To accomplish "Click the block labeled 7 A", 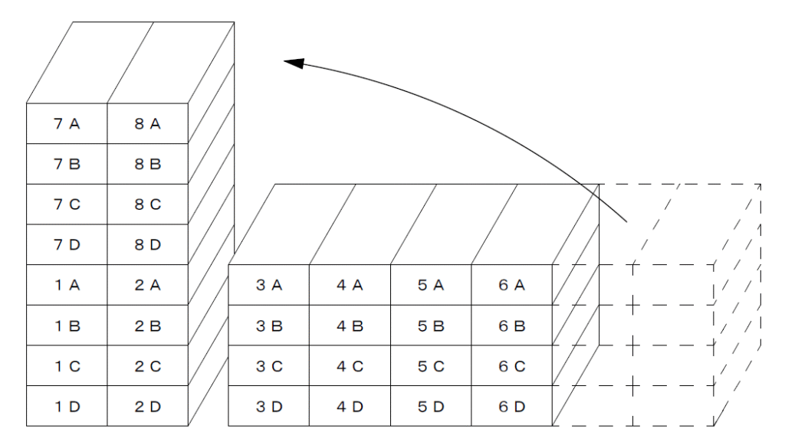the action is (x=67, y=123).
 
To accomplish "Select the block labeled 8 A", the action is (x=148, y=123).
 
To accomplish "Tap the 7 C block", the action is (x=67, y=204).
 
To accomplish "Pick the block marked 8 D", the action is (x=148, y=244).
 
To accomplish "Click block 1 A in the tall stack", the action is (x=67, y=285).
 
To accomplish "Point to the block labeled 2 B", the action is (x=148, y=325).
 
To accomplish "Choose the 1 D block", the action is (x=67, y=406).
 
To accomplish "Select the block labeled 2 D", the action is (x=148, y=406).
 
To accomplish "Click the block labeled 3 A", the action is (x=269, y=285).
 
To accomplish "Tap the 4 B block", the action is (x=350, y=325).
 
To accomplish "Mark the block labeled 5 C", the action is (x=431, y=365).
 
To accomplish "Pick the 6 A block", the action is (x=511, y=285).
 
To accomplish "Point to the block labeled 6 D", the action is (x=511, y=406).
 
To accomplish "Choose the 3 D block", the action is (x=269, y=406).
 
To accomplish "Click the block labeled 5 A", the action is (x=431, y=285).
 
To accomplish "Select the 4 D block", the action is (x=350, y=406).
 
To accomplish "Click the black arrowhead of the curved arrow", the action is (x=294, y=63).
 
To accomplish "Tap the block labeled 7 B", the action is (x=67, y=164).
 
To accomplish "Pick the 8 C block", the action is (x=148, y=204).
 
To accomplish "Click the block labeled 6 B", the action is (x=511, y=325).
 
